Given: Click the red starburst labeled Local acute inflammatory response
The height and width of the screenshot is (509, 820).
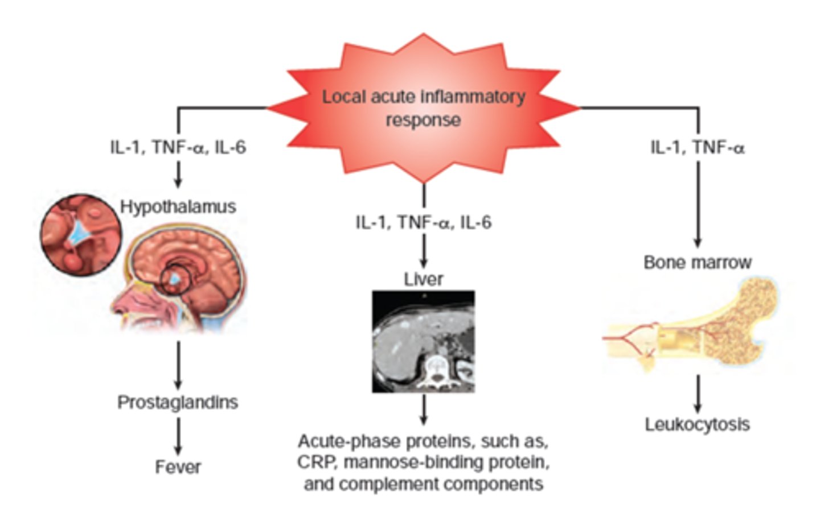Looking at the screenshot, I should click(x=423, y=108).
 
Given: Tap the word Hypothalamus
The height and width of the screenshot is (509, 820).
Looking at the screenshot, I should click(x=178, y=206).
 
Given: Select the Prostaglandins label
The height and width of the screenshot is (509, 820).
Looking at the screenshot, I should click(x=178, y=402).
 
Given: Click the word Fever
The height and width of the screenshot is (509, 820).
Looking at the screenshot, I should click(x=178, y=467).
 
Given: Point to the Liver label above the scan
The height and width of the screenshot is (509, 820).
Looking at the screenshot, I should click(x=423, y=279).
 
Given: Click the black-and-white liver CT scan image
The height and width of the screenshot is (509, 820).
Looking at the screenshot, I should click(x=423, y=342).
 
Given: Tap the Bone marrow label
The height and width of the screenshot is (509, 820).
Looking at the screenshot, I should click(x=698, y=262).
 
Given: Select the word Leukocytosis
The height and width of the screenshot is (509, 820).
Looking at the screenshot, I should click(x=697, y=424).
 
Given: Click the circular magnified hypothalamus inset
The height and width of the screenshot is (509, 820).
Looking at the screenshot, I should click(x=80, y=234).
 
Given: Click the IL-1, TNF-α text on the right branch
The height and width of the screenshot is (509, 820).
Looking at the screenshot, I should click(x=698, y=148).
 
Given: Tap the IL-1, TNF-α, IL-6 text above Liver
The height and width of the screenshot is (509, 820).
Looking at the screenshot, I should click(x=423, y=222).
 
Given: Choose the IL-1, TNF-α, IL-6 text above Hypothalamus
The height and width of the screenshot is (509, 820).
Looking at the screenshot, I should click(x=178, y=148).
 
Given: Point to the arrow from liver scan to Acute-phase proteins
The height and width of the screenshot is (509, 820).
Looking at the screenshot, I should click(x=423, y=409).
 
